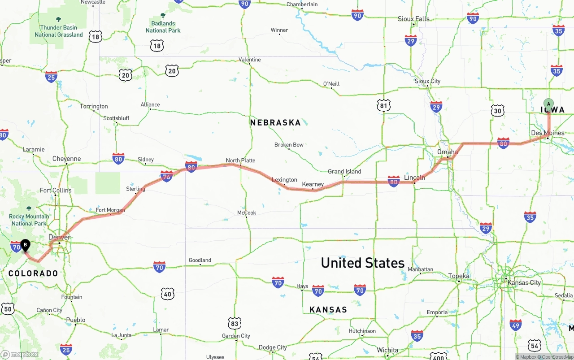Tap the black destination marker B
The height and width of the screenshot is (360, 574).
(26, 245)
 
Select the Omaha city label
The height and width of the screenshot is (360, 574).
(448, 152)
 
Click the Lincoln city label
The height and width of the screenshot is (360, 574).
(414, 178)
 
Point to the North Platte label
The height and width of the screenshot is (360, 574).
(240, 160)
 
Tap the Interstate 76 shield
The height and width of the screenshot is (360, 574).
(166, 176)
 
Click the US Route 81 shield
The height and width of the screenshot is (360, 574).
(383, 106)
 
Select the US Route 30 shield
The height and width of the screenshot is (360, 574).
(497, 110)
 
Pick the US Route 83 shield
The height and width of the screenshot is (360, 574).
(234, 323)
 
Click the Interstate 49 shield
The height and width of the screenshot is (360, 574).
(516, 325)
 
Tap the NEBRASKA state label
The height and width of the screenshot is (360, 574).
(275, 122)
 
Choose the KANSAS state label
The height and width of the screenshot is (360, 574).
(328, 309)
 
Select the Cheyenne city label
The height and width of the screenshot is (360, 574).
(66, 159)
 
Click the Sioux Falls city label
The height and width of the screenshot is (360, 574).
(413, 19)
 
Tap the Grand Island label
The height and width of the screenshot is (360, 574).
(344, 171)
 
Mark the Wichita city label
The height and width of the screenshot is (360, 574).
(387, 350)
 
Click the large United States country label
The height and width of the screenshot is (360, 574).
(362, 263)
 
